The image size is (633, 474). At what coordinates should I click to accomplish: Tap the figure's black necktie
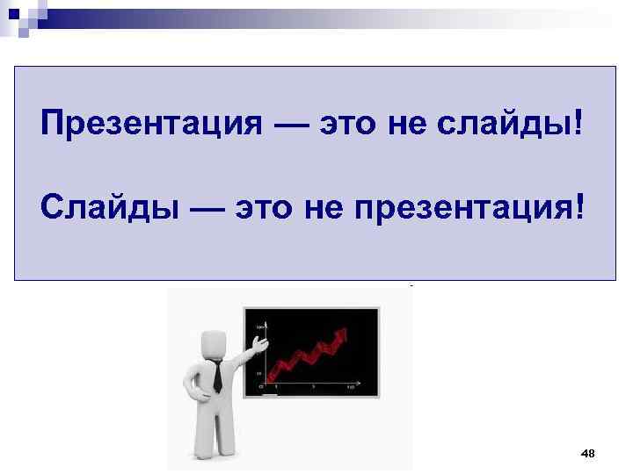[x=216, y=377]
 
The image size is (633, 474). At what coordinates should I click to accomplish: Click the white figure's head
[x=215, y=342]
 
